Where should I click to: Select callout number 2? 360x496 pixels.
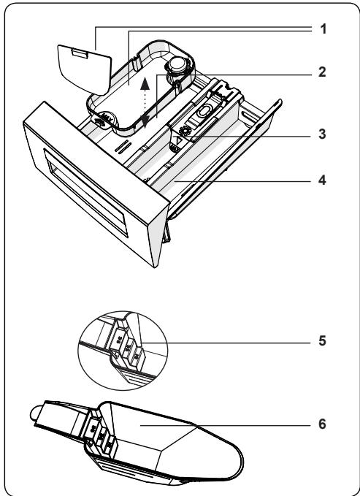[322, 73]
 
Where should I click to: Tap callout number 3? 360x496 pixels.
[322, 134]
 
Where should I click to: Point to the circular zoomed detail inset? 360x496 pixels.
[122, 343]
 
